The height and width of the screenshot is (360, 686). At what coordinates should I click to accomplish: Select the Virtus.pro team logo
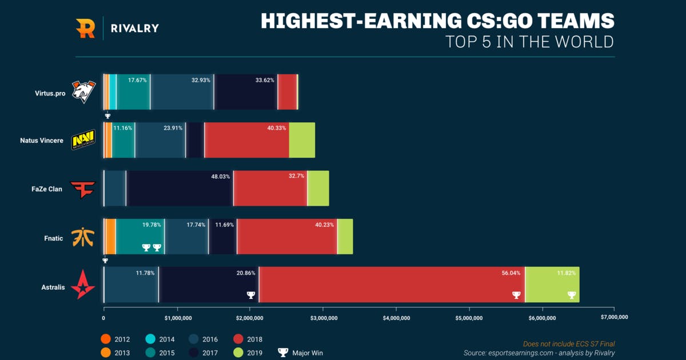pos(83,91)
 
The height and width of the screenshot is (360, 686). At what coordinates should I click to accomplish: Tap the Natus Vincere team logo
pos(83,141)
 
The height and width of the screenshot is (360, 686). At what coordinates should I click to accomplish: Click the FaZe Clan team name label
pos(47,189)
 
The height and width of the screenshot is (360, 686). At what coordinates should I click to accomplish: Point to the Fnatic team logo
pos(83,237)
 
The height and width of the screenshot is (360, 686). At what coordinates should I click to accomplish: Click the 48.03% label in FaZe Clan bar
pos(220,177)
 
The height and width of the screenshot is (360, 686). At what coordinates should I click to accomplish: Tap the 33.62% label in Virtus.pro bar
pos(265,81)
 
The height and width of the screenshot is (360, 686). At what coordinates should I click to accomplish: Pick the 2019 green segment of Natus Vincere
pos(302,140)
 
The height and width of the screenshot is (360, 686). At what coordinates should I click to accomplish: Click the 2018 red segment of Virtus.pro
pos(287,91)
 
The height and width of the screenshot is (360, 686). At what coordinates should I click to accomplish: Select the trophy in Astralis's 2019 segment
pos(571,295)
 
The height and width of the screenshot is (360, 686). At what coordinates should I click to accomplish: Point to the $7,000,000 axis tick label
pos(615,317)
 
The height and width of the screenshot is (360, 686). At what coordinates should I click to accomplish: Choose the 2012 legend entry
pos(117,339)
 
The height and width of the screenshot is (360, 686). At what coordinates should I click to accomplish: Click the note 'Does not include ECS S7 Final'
pos(569,344)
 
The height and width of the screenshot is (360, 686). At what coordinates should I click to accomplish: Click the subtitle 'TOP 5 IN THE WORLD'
pos(529,42)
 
